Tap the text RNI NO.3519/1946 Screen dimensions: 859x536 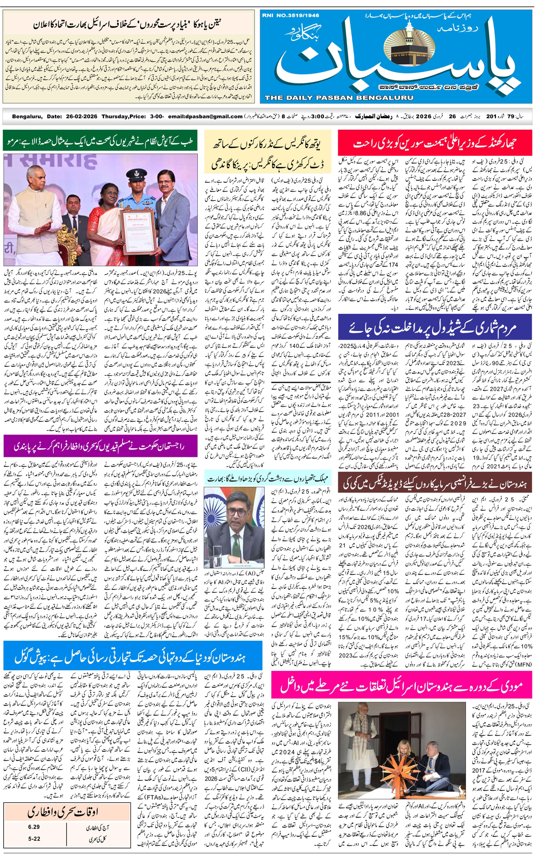(x=290, y=15)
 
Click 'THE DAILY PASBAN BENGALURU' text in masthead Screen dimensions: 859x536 (x=339, y=98)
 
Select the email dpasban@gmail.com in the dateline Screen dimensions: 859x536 (x=205, y=116)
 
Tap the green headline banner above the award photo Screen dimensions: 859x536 (x=100, y=142)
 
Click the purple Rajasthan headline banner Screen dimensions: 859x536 (x=100, y=446)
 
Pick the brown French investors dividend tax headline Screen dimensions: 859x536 (x=435, y=483)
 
